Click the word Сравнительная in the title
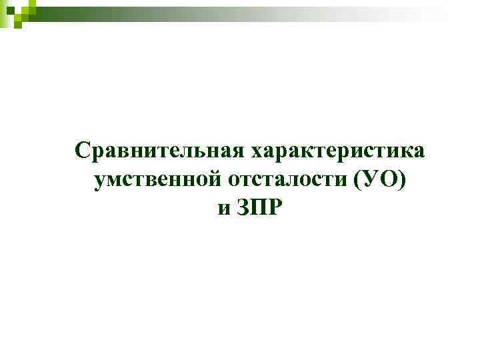coord(159,151)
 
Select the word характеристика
coord(337,151)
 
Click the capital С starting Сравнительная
coord(82,151)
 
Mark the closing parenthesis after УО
coord(402,181)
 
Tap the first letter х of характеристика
coord(257,152)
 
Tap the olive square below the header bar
coord(18,24)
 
